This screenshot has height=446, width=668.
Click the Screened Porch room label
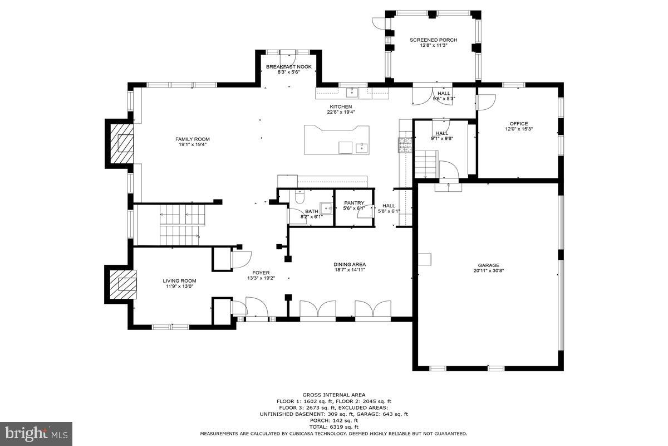[433, 40]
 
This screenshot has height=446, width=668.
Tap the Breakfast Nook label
[288, 67]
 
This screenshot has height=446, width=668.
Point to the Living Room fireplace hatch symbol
[122, 284]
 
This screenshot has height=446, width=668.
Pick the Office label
[518, 124]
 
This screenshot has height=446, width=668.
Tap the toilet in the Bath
[299, 197]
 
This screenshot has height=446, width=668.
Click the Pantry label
[354, 203]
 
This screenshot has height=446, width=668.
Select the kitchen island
[336, 139]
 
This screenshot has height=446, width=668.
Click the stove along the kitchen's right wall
[404, 145]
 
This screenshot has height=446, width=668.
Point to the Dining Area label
[350, 264]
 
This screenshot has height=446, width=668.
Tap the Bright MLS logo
[36, 433]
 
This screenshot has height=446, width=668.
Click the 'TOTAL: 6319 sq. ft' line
[333, 426]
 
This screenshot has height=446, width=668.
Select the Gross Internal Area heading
[334, 395]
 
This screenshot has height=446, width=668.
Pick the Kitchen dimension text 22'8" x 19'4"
[341, 112]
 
